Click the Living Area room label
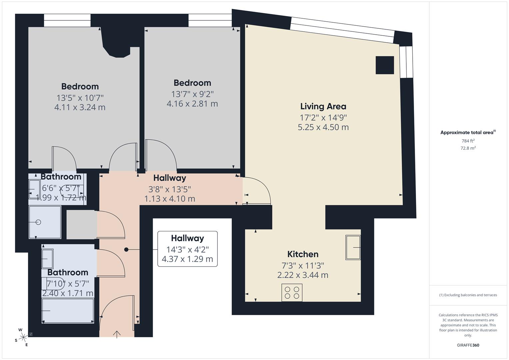(x=323, y=106)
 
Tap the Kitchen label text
(x=303, y=254)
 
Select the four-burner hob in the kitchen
(x=292, y=293)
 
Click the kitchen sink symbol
(x=353, y=247)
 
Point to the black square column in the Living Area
(x=385, y=65)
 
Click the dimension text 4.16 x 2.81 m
(x=192, y=104)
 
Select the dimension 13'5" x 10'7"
(x=80, y=98)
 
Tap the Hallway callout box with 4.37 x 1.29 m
(x=187, y=249)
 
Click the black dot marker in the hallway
(x=126, y=250)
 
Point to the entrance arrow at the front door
(x=117, y=334)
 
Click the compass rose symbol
(x=23, y=337)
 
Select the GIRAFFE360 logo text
(x=468, y=345)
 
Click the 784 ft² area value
(x=468, y=141)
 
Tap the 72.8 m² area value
(x=468, y=148)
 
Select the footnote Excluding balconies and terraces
(x=468, y=295)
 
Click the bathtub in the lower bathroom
(x=68, y=311)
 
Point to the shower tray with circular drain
(x=45, y=222)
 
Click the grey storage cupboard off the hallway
(x=81, y=224)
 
